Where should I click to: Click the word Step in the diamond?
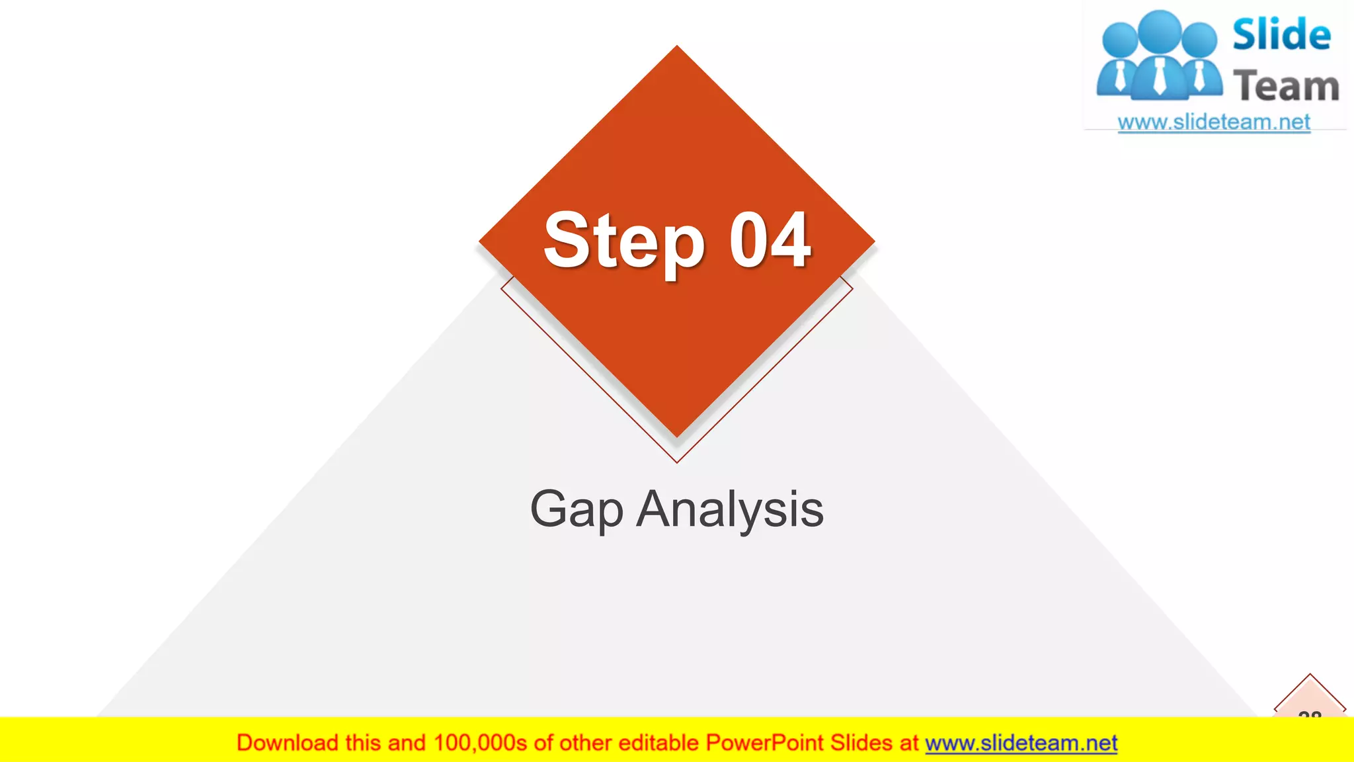click(623, 241)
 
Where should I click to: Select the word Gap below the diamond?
click(577, 509)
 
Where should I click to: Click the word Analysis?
click(730, 509)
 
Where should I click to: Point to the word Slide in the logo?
click(1281, 34)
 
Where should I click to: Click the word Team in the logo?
click(1286, 86)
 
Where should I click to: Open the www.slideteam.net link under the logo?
click(1214, 122)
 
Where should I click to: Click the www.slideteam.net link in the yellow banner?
click(1021, 743)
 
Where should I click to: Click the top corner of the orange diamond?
click(677, 48)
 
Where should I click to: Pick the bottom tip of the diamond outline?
click(677, 462)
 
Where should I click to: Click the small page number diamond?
click(1310, 701)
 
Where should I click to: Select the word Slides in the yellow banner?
click(861, 743)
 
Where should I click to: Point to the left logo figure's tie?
click(1120, 76)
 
